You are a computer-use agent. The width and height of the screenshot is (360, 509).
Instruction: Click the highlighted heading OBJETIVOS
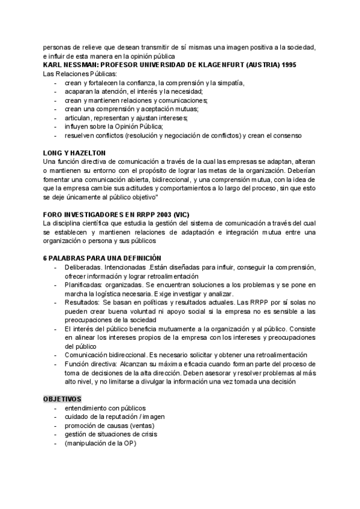tap(62, 399)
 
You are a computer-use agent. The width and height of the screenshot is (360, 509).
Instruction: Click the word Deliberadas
tap(83, 267)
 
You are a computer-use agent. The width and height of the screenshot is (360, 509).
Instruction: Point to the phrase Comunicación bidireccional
tap(105, 355)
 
